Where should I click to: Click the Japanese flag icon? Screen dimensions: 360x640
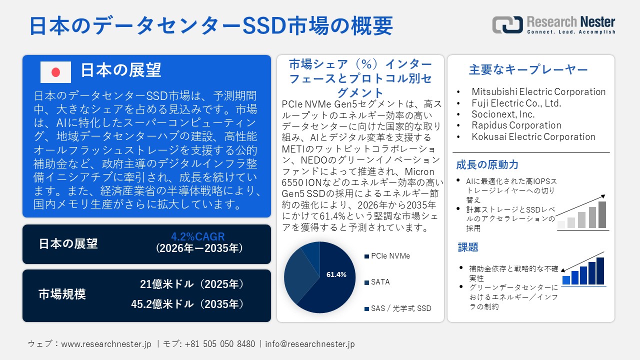[55, 72]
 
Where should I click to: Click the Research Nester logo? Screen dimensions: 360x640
[553, 24]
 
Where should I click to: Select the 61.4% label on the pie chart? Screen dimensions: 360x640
[336, 274]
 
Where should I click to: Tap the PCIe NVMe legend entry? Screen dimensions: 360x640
[390, 256]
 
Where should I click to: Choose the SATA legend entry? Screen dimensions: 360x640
[380, 282]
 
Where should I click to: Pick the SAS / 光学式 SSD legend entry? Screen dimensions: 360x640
[400, 308]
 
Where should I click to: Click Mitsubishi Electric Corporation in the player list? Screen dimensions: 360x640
[538, 92]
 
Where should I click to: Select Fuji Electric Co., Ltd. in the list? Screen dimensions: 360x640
[516, 103]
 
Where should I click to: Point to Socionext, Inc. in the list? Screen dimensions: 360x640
[503, 114]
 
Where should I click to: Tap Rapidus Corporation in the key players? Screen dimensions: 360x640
[516, 125]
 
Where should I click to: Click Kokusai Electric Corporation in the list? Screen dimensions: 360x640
[533, 137]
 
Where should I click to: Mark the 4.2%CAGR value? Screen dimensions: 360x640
[198, 236]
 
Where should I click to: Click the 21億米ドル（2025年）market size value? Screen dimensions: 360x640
[192, 284]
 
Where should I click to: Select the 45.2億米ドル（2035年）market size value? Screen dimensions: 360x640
[187, 304]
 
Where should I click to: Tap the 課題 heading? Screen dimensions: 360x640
[468, 247]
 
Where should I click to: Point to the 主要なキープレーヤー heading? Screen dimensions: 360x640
[528, 70]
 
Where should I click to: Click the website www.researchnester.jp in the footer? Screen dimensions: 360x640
[106, 344]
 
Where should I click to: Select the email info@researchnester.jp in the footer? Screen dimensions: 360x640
[310, 344]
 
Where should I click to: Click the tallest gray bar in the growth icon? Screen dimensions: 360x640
[602, 215]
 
